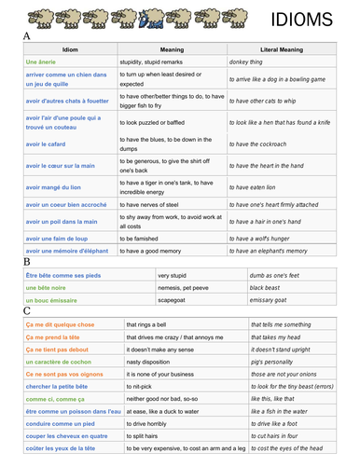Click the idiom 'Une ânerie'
tap(46, 61)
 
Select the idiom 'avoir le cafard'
tap(48, 144)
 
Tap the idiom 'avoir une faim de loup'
tap(63, 238)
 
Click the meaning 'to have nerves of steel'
tap(158, 204)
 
